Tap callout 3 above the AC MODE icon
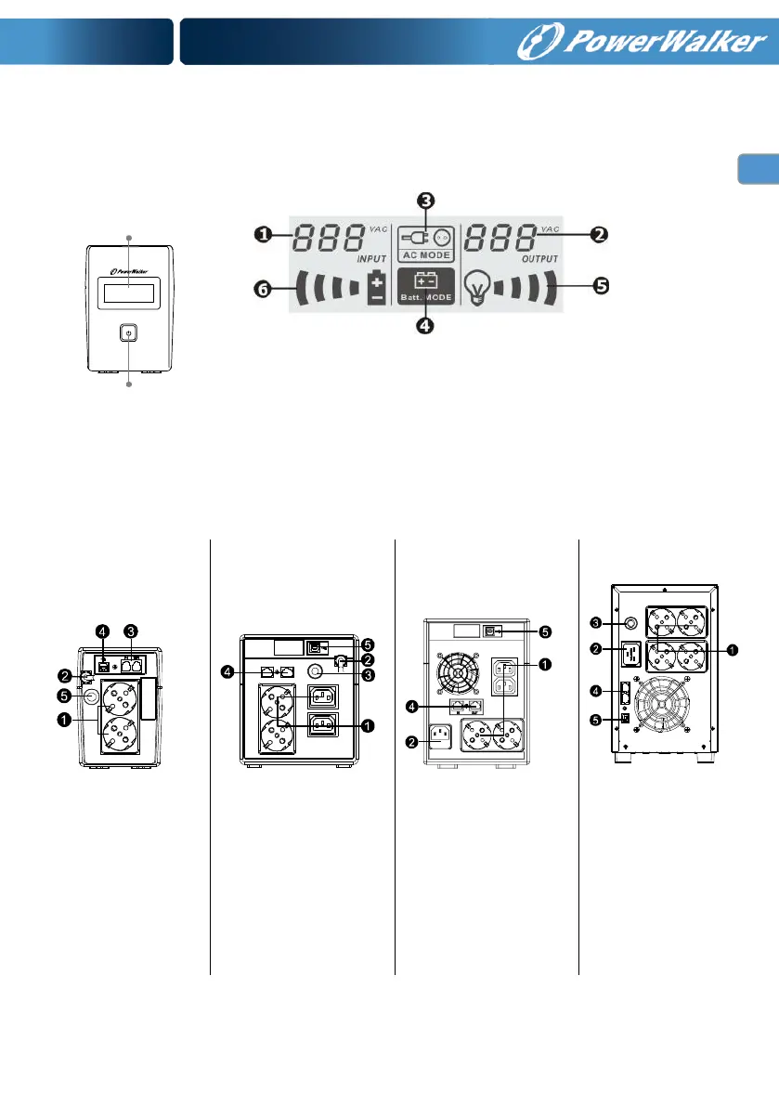(424, 200)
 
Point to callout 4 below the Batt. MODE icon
(424, 326)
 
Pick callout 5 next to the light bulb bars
(601, 286)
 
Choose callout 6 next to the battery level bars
(264, 289)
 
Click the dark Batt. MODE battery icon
(425, 283)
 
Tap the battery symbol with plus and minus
(376, 287)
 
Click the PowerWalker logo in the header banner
(643, 43)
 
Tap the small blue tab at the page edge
(758, 170)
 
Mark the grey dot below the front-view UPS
(129, 383)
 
